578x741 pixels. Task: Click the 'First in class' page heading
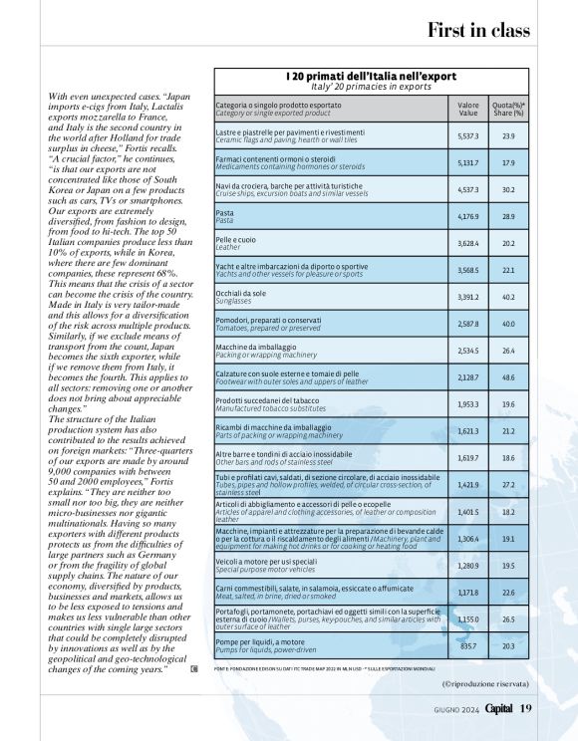(x=478, y=30)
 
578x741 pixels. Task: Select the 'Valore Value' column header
(x=467, y=109)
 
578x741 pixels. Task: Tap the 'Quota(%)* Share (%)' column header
(x=508, y=109)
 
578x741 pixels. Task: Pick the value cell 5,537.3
(x=467, y=135)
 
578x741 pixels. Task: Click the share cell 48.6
(x=508, y=377)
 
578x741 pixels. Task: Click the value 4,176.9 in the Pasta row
(x=467, y=216)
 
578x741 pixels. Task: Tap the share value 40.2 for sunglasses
(x=508, y=297)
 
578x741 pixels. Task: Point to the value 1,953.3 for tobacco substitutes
(x=467, y=404)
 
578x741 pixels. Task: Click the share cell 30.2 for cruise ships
(x=508, y=189)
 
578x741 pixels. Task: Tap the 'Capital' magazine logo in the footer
(x=493, y=707)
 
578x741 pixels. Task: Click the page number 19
(x=526, y=707)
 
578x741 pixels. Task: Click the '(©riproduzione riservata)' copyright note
(x=485, y=684)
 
